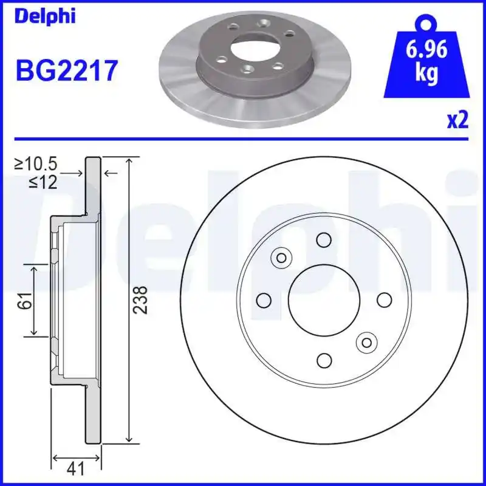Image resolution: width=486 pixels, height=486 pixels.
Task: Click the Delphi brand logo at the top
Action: (x=45, y=16)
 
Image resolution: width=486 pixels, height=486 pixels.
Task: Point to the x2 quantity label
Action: (x=457, y=120)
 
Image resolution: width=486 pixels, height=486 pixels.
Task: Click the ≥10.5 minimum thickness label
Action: (x=36, y=163)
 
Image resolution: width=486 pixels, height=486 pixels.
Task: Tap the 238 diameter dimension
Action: (x=140, y=300)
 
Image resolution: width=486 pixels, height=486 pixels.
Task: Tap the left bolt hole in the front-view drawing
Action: (x=264, y=300)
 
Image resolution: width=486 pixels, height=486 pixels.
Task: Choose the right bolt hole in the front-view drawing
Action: (x=384, y=300)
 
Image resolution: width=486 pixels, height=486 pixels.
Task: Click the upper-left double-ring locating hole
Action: (x=281, y=258)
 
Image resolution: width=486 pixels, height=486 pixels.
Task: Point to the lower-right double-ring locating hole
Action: (x=366, y=343)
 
